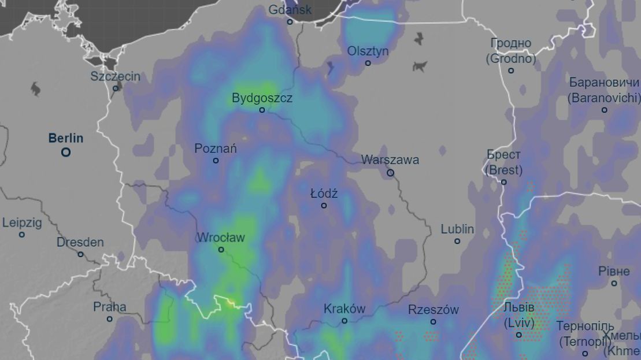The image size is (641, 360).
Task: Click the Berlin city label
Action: pyautogui.click(x=65, y=139)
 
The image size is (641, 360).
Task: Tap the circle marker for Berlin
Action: pyautogui.click(x=66, y=153)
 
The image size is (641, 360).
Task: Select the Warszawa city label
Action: pyautogui.click(x=390, y=159)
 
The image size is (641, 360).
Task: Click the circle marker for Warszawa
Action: pyautogui.click(x=390, y=173)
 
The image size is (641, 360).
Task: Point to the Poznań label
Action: pyautogui.click(x=216, y=149)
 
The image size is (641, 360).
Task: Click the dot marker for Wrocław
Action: pyautogui.click(x=221, y=250)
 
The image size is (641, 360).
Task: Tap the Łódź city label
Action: pyautogui.click(x=324, y=194)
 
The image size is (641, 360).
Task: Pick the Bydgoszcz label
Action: pyautogui.click(x=262, y=98)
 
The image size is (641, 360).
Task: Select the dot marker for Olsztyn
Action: pyautogui.click(x=368, y=63)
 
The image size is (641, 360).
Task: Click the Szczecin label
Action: pyautogui.click(x=115, y=76)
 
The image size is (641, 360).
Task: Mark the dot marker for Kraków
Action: pyautogui.click(x=344, y=321)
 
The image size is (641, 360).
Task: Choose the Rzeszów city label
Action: pyautogui.click(x=433, y=310)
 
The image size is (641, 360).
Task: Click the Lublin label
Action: pyautogui.click(x=457, y=229)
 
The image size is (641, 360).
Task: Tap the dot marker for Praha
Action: pyautogui.click(x=109, y=319)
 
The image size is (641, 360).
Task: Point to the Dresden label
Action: pyautogui.click(x=80, y=243)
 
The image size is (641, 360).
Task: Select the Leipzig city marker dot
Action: pyautogui.click(x=22, y=235)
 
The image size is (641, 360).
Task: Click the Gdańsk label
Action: pyautogui.click(x=290, y=10)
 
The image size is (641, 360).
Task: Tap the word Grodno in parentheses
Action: pyautogui.click(x=511, y=59)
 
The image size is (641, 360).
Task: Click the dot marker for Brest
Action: pyautogui.click(x=503, y=182)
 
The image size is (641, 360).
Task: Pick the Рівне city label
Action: pyautogui.click(x=614, y=272)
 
